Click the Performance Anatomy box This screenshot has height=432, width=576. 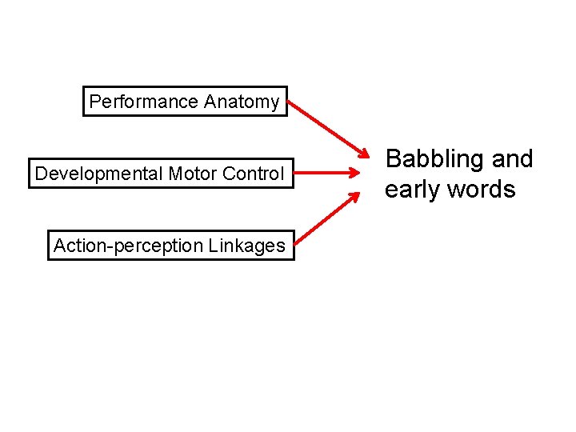tap(185, 102)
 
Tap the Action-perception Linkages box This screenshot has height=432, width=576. tap(170, 245)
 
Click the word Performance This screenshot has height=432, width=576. tap(143, 102)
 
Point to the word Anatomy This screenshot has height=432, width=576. tap(242, 102)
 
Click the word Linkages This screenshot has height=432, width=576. tap(246, 246)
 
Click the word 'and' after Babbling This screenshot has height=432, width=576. tap(513, 159)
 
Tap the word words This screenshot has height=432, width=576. tap(482, 190)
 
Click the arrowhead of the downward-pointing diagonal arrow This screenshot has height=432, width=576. tap(364, 154)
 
